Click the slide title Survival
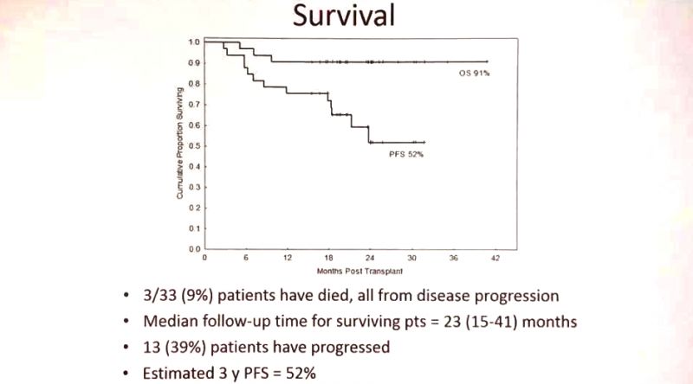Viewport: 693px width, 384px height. coord(346,16)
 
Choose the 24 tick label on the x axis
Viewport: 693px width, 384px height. coord(370,258)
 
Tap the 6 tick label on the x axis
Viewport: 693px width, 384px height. coord(246,258)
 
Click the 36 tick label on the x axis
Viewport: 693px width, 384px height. coord(453,258)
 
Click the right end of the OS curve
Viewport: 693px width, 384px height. coord(488,61)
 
